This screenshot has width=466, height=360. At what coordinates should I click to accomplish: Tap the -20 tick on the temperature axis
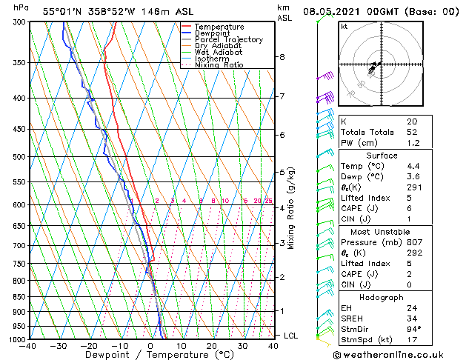tap(88, 345)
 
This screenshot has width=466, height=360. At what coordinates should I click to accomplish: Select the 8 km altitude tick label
tap(282, 57)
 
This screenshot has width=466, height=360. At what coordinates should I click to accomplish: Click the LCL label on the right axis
tap(290, 336)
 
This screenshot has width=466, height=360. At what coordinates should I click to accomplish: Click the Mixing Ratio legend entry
tap(219, 65)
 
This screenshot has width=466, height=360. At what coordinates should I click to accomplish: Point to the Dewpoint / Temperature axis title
tap(150, 355)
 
